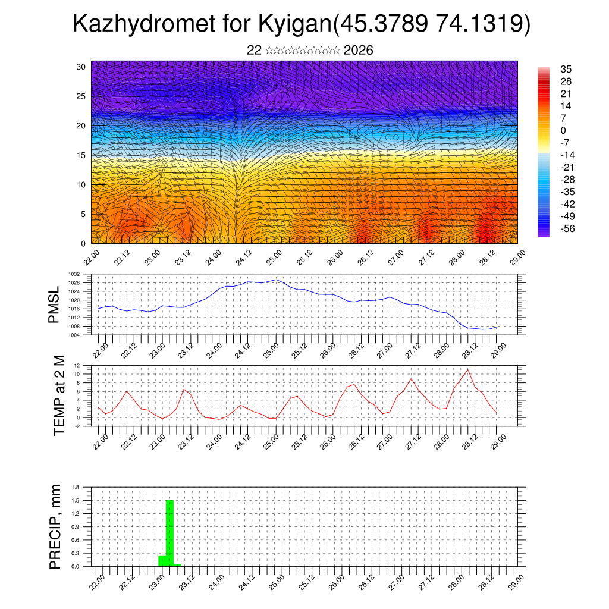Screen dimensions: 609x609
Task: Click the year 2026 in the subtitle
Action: tap(358, 51)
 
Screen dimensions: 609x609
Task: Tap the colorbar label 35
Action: tap(566, 70)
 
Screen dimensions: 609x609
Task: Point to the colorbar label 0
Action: tap(563, 130)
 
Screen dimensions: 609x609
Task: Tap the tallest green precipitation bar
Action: tap(169, 532)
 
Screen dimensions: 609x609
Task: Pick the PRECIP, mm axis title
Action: tap(55, 527)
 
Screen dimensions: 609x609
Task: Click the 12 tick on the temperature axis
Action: tap(77, 365)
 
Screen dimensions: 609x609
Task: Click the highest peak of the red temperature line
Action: tap(468, 369)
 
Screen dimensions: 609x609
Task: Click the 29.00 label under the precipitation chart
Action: tap(516, 580)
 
